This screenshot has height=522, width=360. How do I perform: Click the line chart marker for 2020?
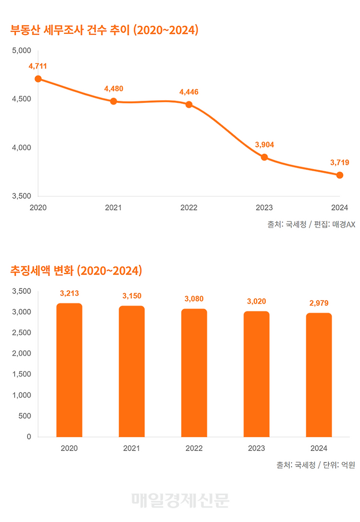(x=38, y=79)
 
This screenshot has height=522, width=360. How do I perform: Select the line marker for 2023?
(x=264, y=158)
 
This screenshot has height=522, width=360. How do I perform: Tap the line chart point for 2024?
(x=340, y=175)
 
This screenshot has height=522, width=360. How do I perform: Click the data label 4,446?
(x=189, y=92)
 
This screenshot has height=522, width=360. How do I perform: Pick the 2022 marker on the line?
(x=189, y=105)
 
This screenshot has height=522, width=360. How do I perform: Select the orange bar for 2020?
(x=69, y=370)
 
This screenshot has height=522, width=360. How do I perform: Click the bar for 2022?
(x=194, y=373)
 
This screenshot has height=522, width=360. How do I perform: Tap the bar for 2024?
(x=319, y=375)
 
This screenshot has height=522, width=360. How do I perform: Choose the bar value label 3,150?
(x=132, y=296)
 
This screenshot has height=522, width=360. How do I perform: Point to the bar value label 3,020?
(x=257, y=301)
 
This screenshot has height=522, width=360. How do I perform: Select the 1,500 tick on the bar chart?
(x=22, y=374)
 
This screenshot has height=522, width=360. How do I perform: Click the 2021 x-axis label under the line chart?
(x=113, y=208)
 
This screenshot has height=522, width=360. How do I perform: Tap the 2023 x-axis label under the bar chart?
(x=257, y=448)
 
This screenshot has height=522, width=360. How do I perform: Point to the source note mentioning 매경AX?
(x=311, y=224)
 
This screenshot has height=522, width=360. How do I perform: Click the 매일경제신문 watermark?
(x=180, y=500)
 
